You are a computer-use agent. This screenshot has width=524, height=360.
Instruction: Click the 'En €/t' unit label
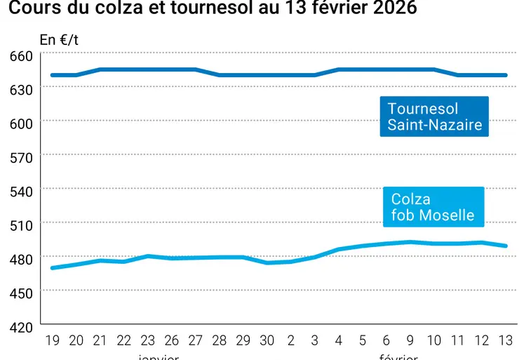tap(59, 40)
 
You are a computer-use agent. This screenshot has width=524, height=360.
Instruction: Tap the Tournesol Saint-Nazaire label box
tap(434, 116)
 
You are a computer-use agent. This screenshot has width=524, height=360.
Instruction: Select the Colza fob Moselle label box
tap(433, 207)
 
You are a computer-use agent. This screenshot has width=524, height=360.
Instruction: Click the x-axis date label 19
tap(53, 341)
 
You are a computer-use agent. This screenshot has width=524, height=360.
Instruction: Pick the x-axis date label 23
tap(147, 341)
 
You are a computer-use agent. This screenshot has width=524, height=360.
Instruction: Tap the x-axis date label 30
tap(267, 341)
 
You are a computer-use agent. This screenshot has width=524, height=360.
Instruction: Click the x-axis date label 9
tap(410, 341)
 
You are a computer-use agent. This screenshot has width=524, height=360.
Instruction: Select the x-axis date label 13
tap(505, 341)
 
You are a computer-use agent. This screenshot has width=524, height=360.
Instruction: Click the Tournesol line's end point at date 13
tap(506, 75)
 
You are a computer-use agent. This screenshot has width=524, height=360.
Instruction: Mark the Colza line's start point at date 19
tap(53, 268)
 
